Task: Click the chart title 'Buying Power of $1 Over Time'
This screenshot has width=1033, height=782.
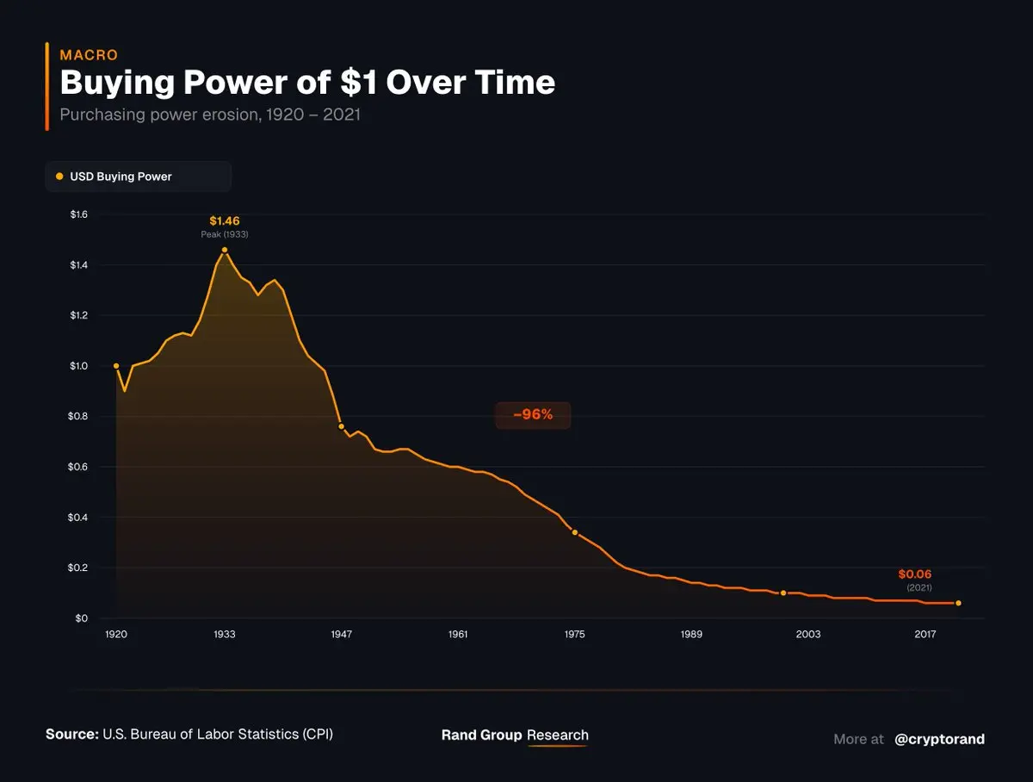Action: pos(307,83)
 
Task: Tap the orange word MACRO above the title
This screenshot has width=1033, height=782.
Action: pos(89,55)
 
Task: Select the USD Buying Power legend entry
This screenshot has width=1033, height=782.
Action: pos(121,177)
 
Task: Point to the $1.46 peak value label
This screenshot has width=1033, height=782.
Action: pos(225,221)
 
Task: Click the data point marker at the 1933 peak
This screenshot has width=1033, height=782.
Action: pos(225,250)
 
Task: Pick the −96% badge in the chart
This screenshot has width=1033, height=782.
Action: pos(533,415)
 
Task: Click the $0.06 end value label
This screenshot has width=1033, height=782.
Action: pos(915,574)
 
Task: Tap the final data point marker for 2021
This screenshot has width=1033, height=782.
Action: pos(959,603)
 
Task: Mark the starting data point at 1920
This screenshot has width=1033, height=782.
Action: pos(116,366)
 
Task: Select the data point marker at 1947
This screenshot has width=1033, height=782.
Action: pos(342,426)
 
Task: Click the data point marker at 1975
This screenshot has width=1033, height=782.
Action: pos(575,532)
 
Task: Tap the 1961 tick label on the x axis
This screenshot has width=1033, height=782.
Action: pos(458,635)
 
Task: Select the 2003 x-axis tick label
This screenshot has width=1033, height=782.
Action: pos(808,635)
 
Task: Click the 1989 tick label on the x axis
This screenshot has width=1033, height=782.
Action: pos(691,635)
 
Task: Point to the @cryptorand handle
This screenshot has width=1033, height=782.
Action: pos(939,739)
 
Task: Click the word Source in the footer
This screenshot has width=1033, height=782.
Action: pos(72,735)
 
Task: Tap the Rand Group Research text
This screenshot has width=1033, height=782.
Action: pos(515,735)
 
